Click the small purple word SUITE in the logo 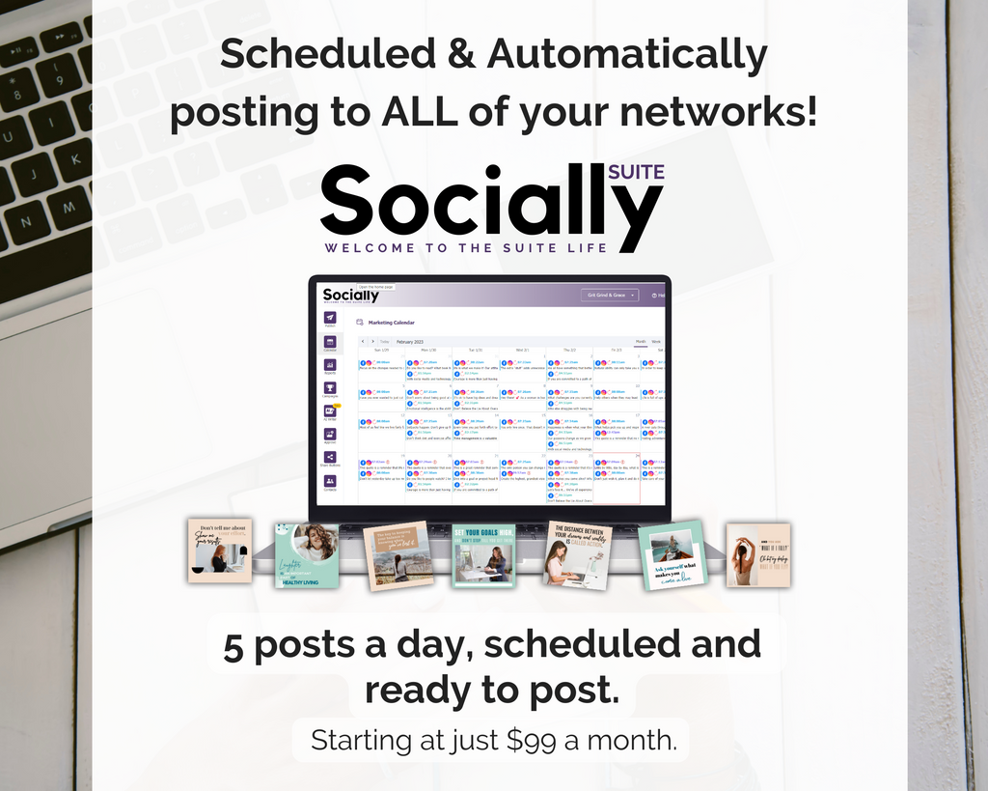coord(637,173)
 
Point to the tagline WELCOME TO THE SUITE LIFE coord(466,248)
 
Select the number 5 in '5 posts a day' coord(233,646)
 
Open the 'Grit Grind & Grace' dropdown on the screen coord(609,295)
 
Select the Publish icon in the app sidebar coord(330,319)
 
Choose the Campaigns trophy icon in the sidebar coord(330,388)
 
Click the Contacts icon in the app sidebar coord(330,481)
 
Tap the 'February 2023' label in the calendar coord(410,341)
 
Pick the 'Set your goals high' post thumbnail coord(484,555)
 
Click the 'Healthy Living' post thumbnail coord(307,555)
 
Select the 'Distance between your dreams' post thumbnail coord(579,554)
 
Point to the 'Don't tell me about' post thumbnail coord(220,551)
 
